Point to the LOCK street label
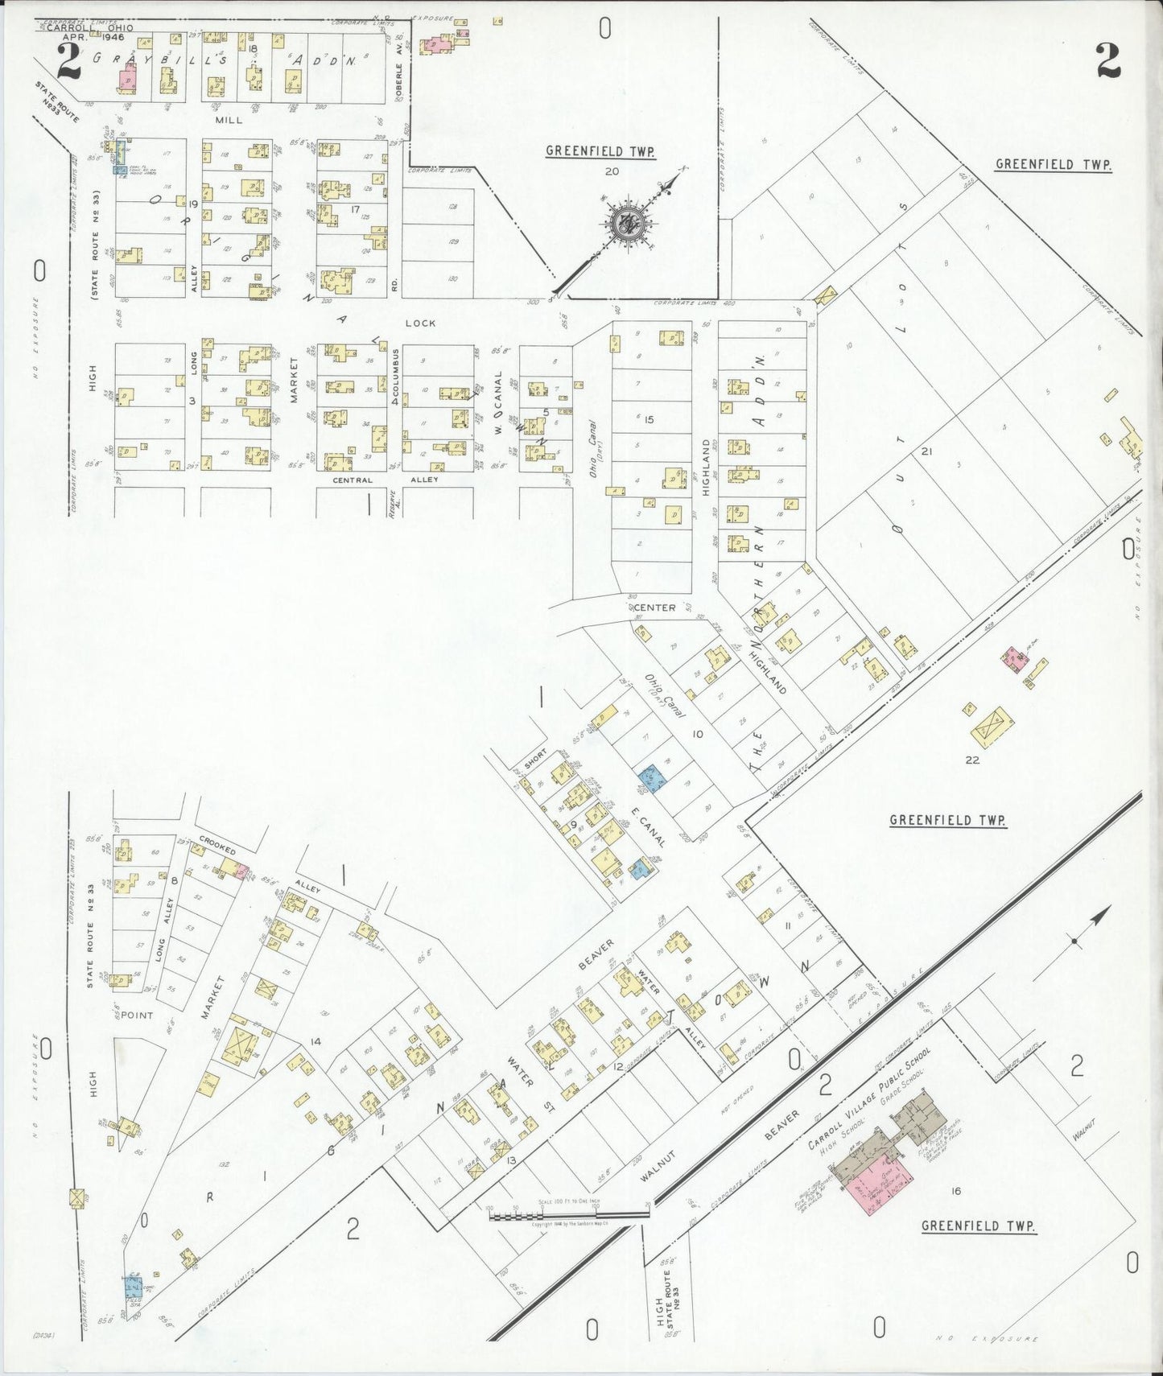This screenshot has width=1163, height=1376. point(420,323)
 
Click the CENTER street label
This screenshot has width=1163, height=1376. point(656,608)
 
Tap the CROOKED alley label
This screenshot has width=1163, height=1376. point(218,849)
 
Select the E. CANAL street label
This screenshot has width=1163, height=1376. point(649,826)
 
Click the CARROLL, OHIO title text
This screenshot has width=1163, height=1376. point(89,27)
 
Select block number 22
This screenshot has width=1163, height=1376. point(972,759)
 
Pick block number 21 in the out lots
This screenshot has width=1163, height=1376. point(926,451)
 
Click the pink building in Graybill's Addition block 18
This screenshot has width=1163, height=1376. point(127,80)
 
